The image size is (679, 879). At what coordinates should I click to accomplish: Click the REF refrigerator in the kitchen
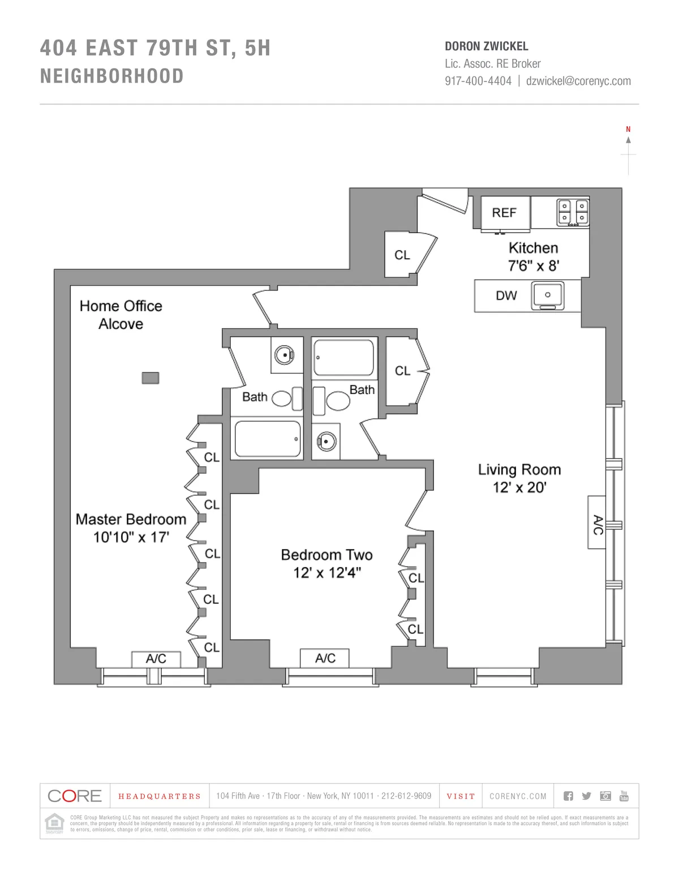point(505,213)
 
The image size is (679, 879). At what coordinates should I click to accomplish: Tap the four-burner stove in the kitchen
point(573,212)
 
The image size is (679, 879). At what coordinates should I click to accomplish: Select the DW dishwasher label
point(506,295)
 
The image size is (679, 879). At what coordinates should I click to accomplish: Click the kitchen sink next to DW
point(547,295)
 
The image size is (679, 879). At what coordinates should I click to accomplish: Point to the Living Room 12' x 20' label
point(519,478)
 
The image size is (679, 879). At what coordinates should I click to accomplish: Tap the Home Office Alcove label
point(121,315)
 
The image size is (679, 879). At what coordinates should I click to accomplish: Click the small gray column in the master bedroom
point(150,378)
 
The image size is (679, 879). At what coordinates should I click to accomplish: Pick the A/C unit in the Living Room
point(597,522)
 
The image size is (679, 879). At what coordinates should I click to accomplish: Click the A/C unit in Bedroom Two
point(325,658)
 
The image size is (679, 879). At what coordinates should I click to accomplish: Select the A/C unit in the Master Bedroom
point(156,659)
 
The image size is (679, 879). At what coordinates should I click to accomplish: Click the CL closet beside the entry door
point(402,255)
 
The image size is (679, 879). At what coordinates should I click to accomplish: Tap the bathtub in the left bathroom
point(268,439)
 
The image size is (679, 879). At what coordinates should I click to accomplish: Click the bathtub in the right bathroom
point(343,357)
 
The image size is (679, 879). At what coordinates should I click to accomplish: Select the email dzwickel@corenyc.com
point(578,81)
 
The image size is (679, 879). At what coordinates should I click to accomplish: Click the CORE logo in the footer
point(75,796)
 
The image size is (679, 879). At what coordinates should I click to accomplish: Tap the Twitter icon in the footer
point(586,796)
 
